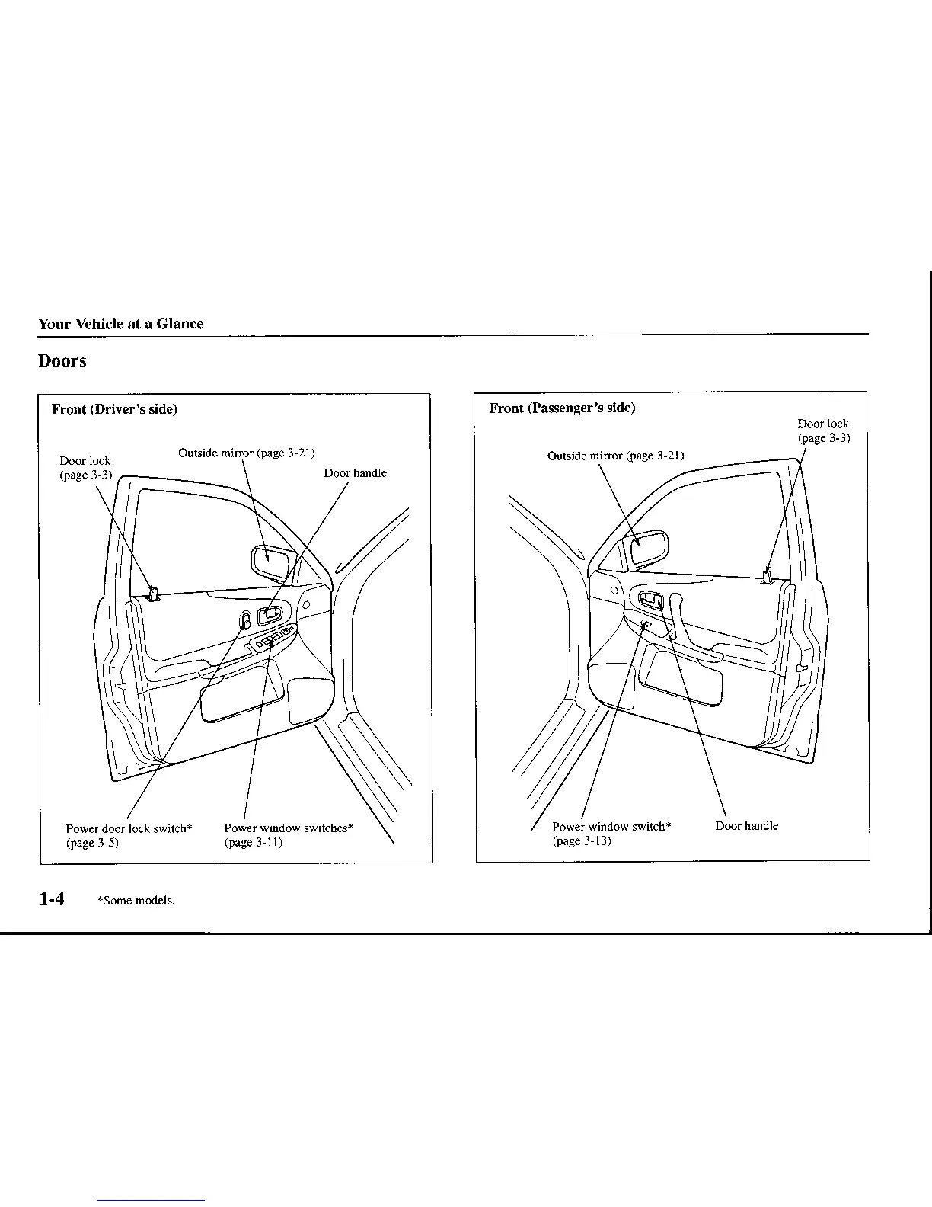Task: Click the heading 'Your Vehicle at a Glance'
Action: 120,324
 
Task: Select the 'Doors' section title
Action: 62,361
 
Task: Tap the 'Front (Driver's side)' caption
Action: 114,409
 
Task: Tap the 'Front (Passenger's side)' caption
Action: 562,408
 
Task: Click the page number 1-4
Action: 52,899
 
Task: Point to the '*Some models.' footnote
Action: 136,901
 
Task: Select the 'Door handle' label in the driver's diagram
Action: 355,473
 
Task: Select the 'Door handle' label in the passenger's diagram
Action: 746,826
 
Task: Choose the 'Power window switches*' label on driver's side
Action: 289,828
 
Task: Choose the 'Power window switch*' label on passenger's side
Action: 611,827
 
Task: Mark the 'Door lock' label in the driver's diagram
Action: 85,461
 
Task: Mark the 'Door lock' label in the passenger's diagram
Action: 822,424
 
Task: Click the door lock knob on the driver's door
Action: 153,594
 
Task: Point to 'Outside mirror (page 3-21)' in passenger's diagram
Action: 615,456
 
